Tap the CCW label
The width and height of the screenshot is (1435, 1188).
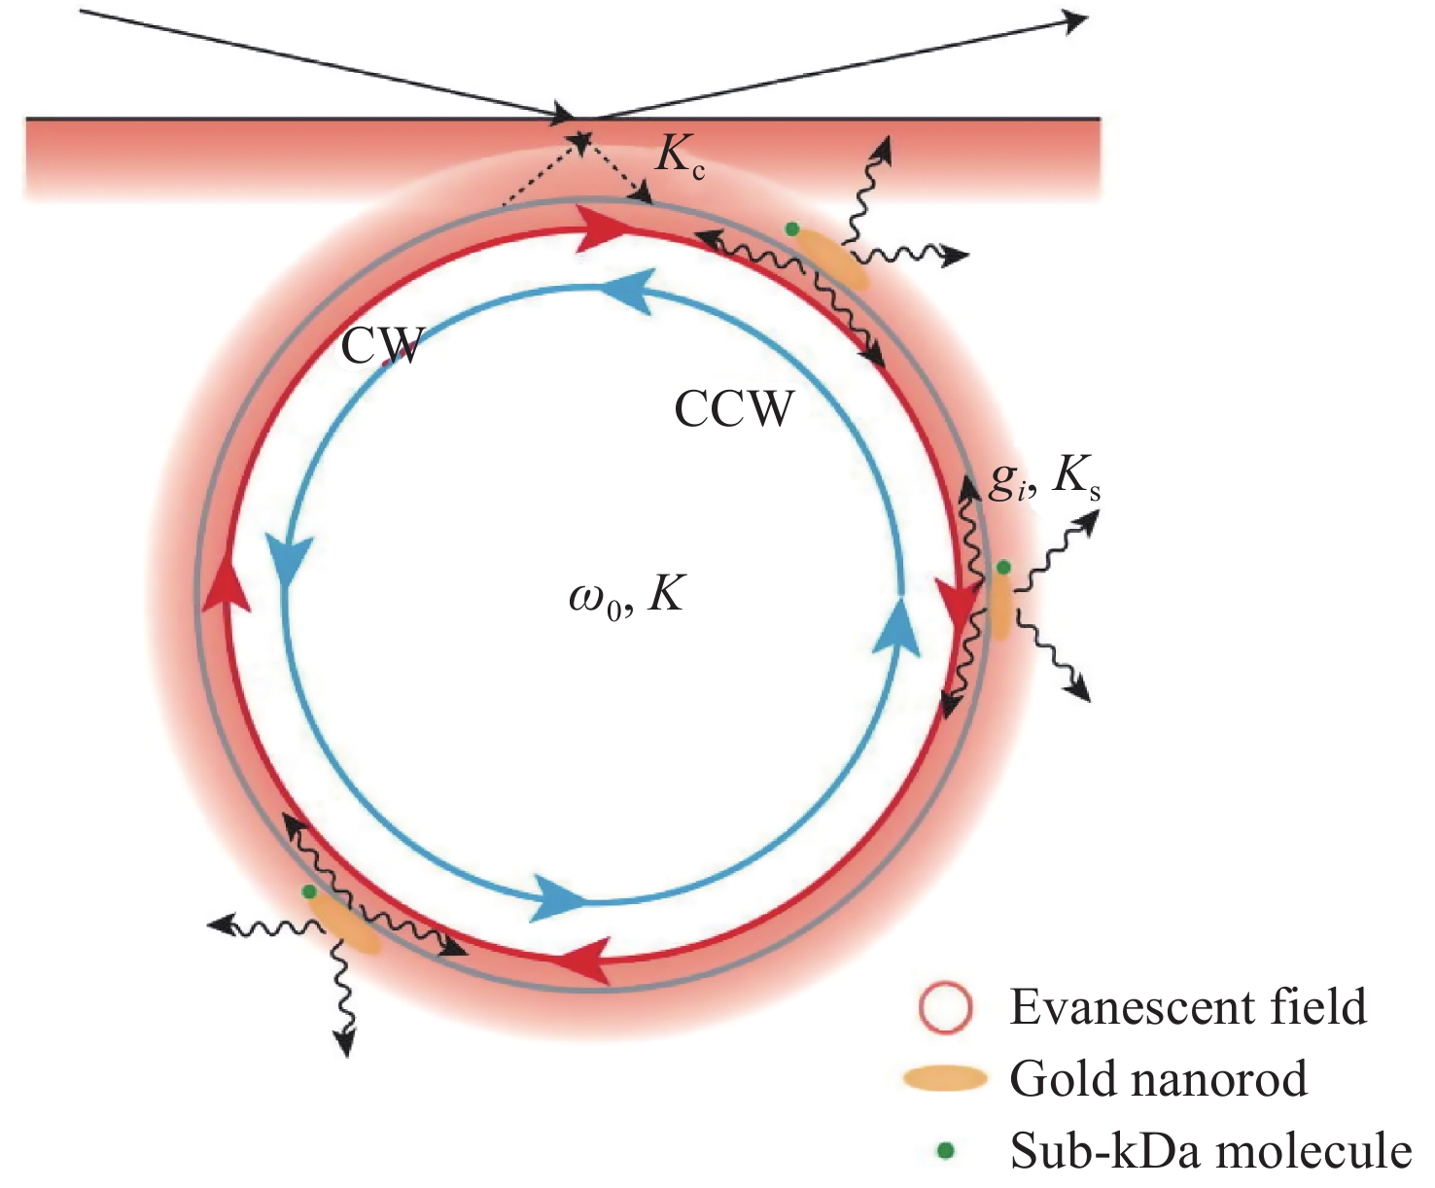coord(734,409)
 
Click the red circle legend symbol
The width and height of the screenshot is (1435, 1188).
coord(944,1008)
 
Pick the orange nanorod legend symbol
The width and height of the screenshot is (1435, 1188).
coord(944,1078)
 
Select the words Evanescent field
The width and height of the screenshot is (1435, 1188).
coord(1188,1007)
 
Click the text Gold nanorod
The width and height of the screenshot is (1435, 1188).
coord(1158,1079)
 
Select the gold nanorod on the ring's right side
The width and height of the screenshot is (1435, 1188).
coord(1000,604)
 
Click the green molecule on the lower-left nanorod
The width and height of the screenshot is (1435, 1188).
coord(309,891)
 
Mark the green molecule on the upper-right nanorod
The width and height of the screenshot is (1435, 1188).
coord(792,229)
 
